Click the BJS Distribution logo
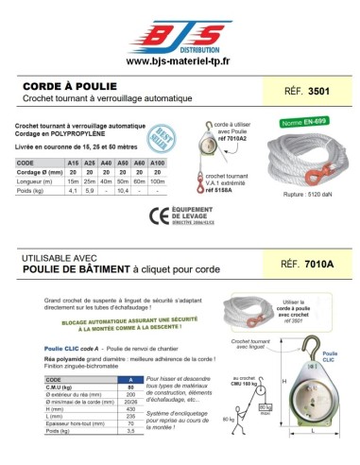click(180, 35)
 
